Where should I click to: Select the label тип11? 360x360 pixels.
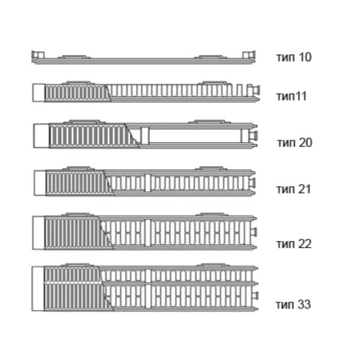(292, 95)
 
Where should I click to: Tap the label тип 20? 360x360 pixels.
(295, 143)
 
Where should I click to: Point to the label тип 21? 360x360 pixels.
(293, 190)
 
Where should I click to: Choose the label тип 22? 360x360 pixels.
(293, 244)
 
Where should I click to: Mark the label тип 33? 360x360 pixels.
(293, 304)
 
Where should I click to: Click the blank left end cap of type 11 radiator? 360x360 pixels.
(38, 92)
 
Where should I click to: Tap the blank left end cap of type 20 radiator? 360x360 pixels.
(40, 136)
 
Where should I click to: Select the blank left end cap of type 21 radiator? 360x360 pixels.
(40, 182)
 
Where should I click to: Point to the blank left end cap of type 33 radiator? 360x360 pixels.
(38, 289)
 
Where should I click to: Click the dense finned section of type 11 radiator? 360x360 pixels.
(77, 92)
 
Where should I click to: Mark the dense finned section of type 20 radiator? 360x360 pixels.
(90, 136)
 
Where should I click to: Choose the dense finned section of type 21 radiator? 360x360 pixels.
(75, 182)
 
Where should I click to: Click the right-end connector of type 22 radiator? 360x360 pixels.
(254, 232)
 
